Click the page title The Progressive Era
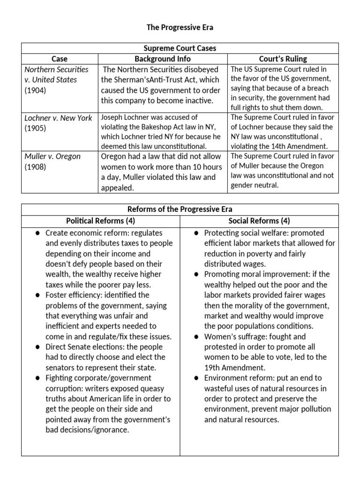[180, 28]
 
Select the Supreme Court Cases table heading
[180, 48]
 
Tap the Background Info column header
[163, 59]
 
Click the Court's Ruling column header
[283, 59]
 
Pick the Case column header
[60, 59]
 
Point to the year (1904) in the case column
[35, 90]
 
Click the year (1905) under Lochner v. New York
[35, 128]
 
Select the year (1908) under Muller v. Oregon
[35, 166]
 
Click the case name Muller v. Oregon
[52, 156]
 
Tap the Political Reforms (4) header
[100, 221]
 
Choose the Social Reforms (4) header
[259, 221]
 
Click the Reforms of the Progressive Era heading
[180, 209]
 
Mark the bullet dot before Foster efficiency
[37, 295]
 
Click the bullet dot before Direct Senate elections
[37, 347]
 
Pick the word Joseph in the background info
[112, 117]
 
